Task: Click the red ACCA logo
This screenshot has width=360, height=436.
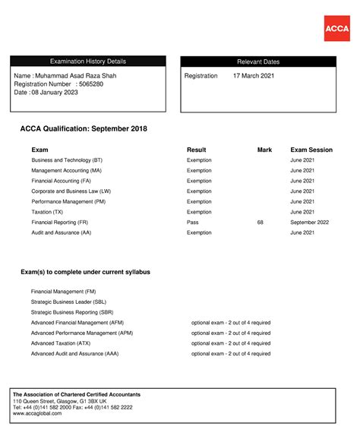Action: (x=336, y=28)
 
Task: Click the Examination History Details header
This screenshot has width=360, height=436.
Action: (x=88, y=62)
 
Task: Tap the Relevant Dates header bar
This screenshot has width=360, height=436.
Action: (x=258, y=62)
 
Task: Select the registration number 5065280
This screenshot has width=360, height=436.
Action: (x=91, y=84)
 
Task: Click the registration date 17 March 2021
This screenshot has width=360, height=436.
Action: (x=254, y=76)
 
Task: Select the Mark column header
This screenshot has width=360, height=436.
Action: (x=264, y=150)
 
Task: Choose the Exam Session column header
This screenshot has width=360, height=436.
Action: (x=311, y=150)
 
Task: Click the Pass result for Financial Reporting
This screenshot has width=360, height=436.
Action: (x=193, y=223)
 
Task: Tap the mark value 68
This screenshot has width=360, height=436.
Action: (x=261, y=223)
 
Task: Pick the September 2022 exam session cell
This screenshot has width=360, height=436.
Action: (x=309, y=223)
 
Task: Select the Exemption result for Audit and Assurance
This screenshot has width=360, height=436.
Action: (x=199, y=232)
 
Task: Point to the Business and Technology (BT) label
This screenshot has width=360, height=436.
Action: (x=67, y=160)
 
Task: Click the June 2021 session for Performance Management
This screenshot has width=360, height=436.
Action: (x=302, y=202)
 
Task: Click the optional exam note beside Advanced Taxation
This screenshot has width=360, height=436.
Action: (x=231, y=343)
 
